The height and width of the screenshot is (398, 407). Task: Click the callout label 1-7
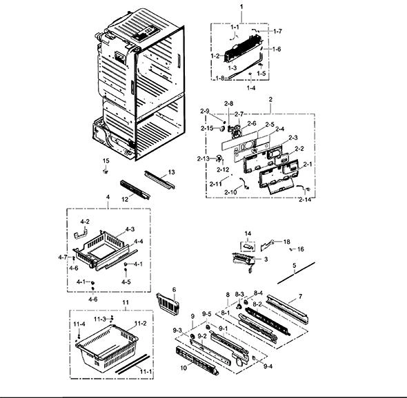pos(277,31)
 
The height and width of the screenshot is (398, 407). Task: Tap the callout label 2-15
pos(207,128)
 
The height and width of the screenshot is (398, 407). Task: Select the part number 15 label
pos(106,161)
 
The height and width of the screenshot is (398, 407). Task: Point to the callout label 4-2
pos(85,222)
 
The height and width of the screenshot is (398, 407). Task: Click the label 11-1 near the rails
pos(146,372)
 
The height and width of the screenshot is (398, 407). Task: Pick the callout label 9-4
pos(268,366)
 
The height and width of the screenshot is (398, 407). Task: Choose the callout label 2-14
pos(305,200)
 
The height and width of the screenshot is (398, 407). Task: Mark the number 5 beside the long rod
pos(294,266)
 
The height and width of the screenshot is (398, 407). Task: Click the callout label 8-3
pos(239,294)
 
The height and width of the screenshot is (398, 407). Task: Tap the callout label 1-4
pos(251,88)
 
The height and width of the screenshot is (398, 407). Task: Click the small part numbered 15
pos(106,171)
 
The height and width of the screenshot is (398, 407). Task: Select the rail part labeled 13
pos(159,179)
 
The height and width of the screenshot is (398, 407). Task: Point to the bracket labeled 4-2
pos(81,233)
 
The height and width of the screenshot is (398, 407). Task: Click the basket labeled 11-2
pos(107,346)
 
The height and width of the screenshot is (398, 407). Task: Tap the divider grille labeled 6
pos(168,304)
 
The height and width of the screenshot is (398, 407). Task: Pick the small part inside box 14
pos(248,247)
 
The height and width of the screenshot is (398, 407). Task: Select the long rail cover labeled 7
pos(288,309)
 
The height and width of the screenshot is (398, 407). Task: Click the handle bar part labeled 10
pos(197,361)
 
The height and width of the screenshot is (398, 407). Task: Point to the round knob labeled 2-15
pos(221,128)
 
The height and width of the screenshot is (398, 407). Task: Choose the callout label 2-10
pos(231,192)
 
